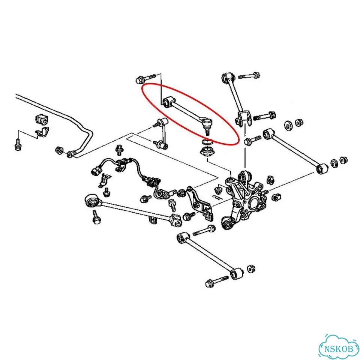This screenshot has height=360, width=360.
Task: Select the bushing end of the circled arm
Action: [169, 102]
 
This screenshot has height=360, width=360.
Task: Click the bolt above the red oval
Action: [145, 78]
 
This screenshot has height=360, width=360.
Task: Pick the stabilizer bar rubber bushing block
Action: [42, 120]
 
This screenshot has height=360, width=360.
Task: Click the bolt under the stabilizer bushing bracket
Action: [18, 144]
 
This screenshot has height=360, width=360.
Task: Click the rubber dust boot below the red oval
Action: [207, 152]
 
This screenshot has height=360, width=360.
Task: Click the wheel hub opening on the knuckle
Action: [253, 202]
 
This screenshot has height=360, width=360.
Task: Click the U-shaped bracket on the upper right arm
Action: [243, 118]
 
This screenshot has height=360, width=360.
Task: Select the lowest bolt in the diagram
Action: [217, 282]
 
